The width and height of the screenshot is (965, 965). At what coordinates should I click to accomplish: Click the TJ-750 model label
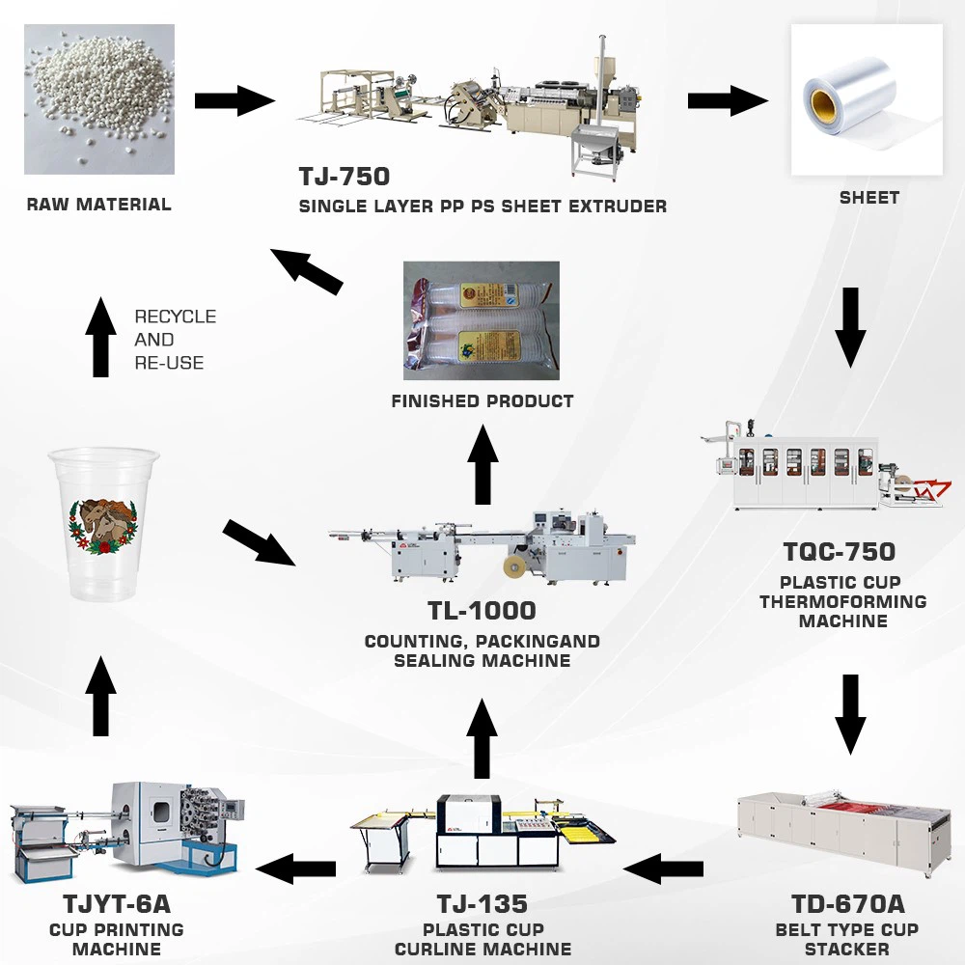pos(345,177)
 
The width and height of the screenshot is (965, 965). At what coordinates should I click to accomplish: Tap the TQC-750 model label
pos(840,552)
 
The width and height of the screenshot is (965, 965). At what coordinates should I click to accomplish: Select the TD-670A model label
pos(847,904)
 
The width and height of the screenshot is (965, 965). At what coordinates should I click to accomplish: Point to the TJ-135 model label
pos(482,904)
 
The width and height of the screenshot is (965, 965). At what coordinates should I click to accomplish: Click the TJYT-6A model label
pos(116,904)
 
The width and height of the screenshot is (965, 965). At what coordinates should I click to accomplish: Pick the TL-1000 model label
pos(482,611)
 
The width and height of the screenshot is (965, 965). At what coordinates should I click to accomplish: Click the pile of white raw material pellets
pos(98,98)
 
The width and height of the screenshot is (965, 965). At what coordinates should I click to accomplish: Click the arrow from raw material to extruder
pos(234,100)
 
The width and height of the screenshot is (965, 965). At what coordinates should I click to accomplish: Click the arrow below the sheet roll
pos(850,326)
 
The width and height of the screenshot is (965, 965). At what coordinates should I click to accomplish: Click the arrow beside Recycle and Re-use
pos(100,337)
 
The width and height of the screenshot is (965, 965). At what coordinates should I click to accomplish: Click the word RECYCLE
pos(175,317)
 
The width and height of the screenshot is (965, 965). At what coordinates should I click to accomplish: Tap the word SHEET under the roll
pos(868,198)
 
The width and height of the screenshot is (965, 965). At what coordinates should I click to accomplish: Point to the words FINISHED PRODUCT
pos(482,400)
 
